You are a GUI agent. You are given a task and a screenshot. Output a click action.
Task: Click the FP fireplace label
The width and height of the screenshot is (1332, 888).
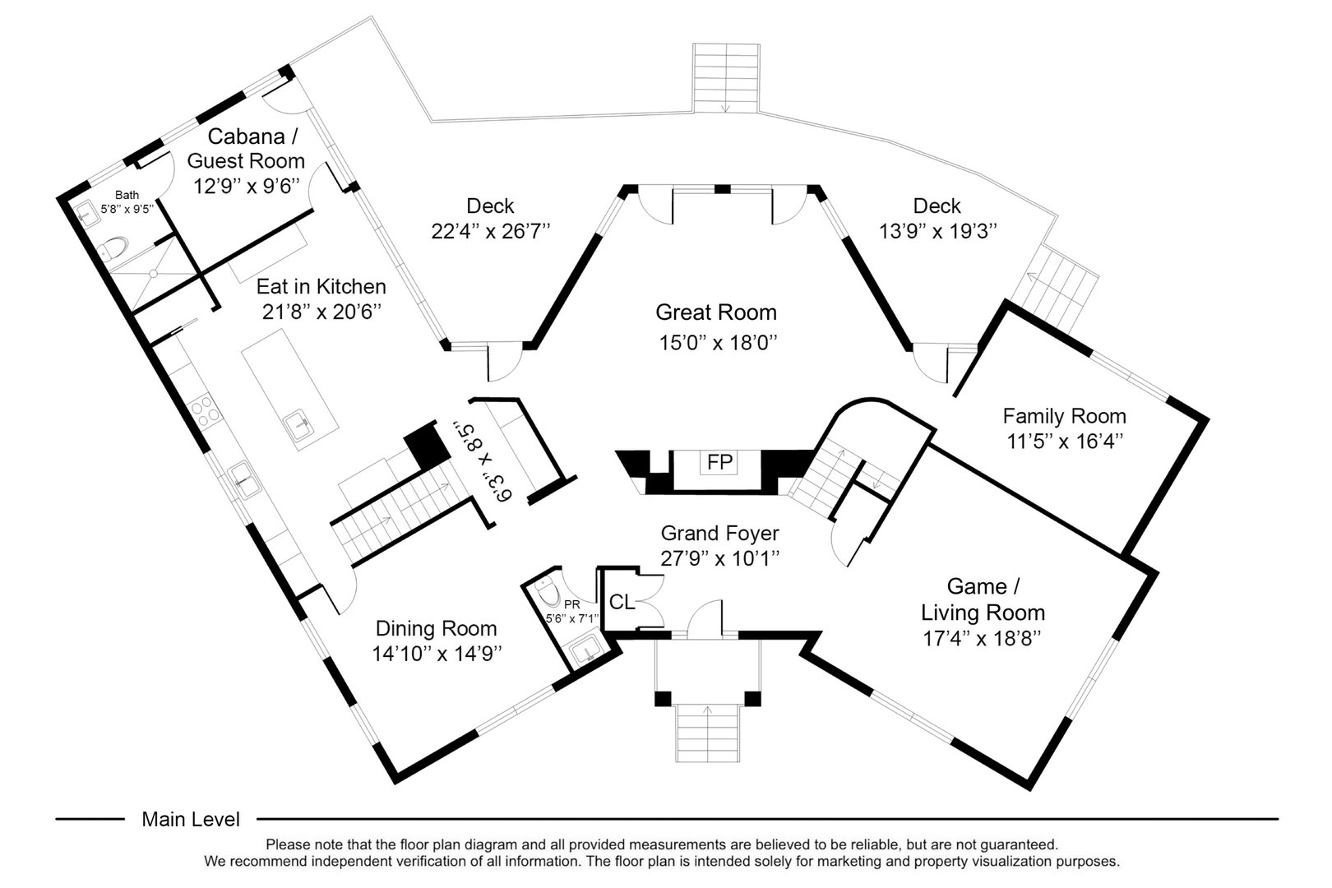pos(719,463)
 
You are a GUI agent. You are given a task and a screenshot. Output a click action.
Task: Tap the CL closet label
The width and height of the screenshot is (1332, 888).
pos(622,603)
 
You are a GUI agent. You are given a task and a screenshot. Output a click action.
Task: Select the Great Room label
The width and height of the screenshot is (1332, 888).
pos(715,312)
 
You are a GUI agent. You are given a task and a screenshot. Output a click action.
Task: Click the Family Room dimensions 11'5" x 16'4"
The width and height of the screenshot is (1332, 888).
pos(1065,442)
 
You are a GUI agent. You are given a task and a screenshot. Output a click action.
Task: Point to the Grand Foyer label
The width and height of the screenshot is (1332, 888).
pos(719,534)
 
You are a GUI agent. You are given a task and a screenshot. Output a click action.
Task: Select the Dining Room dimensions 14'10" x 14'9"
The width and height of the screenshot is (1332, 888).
pos(437,654)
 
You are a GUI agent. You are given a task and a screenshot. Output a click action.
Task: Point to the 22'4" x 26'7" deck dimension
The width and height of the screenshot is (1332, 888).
pos(490,231)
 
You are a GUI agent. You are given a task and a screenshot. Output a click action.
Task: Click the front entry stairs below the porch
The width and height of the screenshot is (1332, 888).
pos(708,733)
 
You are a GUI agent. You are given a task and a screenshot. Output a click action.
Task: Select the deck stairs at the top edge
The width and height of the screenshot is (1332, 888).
pos(725,78)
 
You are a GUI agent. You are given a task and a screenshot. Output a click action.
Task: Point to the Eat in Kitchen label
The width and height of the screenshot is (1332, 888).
pos(321,287)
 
